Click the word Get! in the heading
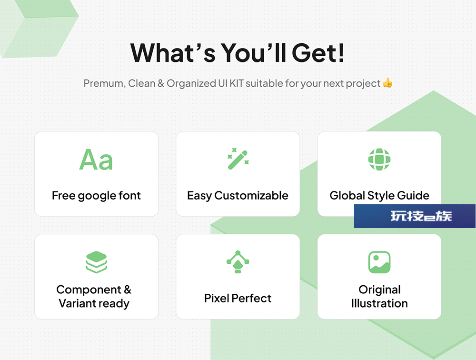(318, 52)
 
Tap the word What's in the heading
(173, 52)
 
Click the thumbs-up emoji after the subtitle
(387, 83)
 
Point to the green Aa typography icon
(96, 160)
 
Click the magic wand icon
(238, 159)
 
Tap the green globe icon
(379, 160)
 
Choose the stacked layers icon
(96, 262)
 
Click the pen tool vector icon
(238, 262)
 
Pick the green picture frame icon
(379, 262)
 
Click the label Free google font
(96, 196)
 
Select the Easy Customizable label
(238, 196)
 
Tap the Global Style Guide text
(379, 196)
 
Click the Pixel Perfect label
(238, 298)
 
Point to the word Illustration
(379, 303)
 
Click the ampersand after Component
(128, 290)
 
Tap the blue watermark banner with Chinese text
(415, 216)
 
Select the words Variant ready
(94, 303)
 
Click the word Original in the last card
(379, 290)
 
